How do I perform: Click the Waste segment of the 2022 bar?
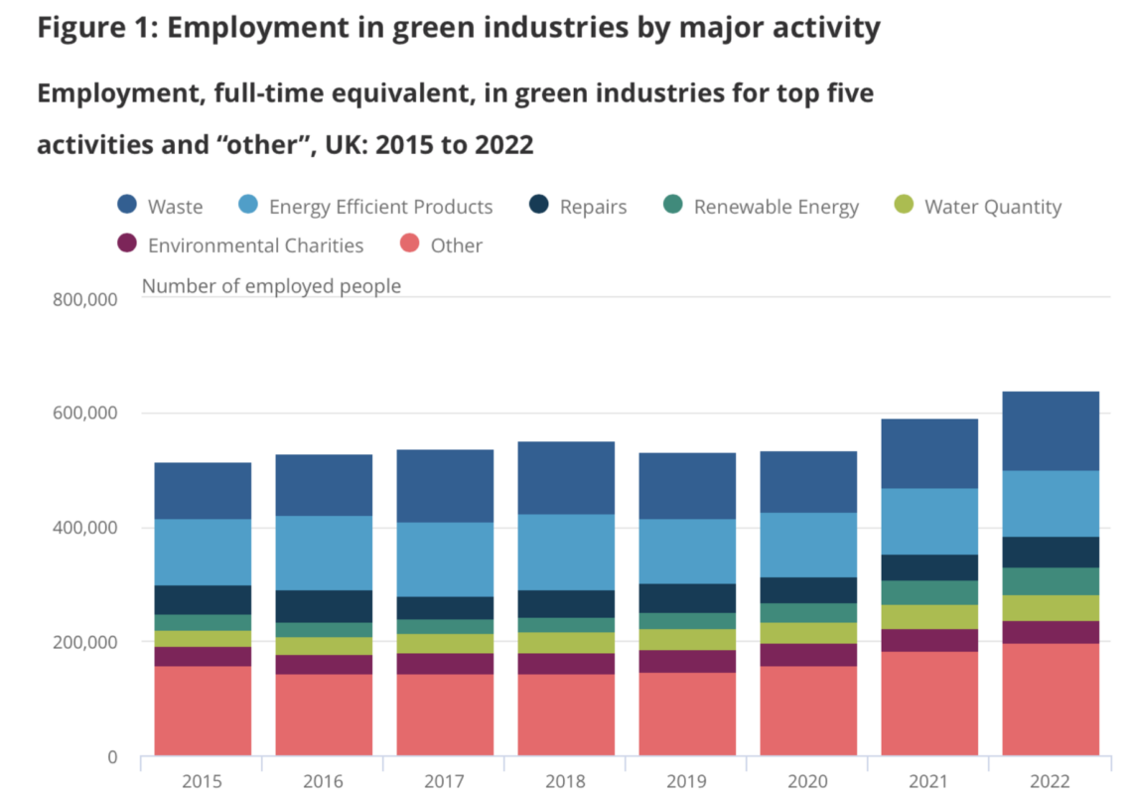[x=1051, y=430]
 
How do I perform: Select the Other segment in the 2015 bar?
[x=203, y=710]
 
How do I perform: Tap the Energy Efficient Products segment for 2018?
[x=566, y=552]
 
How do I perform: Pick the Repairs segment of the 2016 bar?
[x=324, y=605]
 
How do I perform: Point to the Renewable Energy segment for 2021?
[x=929, y=592]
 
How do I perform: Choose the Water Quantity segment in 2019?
[x=687, y=639]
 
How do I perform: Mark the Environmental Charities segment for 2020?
[x=808, y=654]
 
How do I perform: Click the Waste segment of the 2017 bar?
[x=445, y=486]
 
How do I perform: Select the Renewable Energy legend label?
[x=776, y=207]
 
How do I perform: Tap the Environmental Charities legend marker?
[x=127, y=244]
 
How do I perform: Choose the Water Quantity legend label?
[x=992, y=207]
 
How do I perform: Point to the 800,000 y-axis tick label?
[x=82, y=299]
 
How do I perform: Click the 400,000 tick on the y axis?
[x=82, y=528]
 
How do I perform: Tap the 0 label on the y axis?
[x=112, y=757]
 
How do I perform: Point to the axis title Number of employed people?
[x=271, y=286]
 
